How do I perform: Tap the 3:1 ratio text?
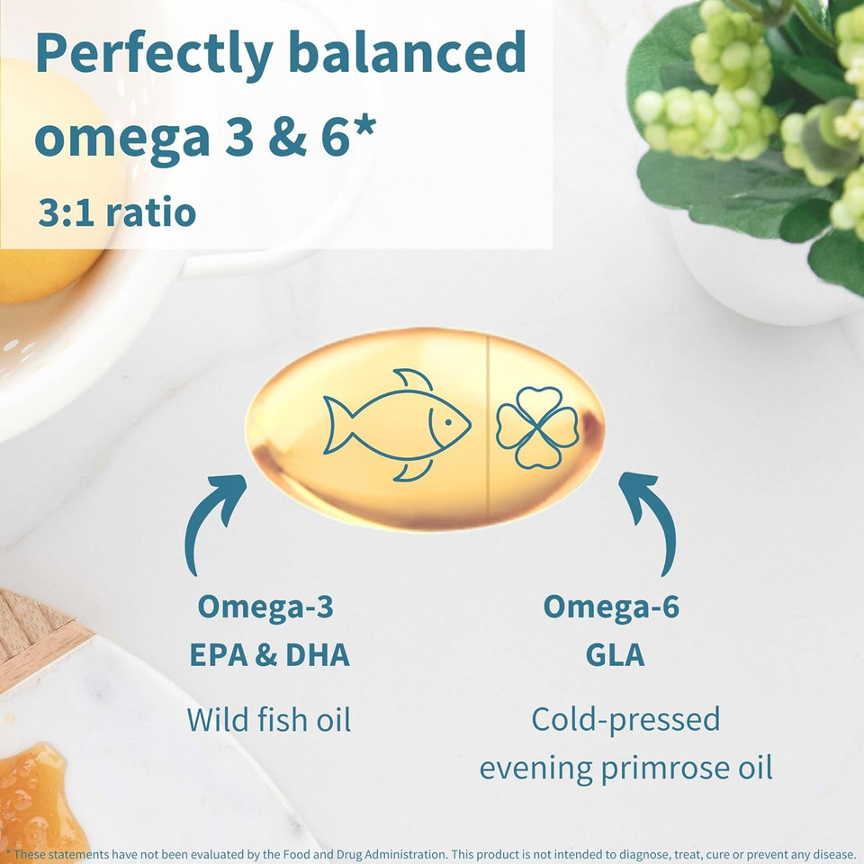point(117,213)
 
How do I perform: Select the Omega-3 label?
point(265,607)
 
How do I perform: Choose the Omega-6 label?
point(611,607)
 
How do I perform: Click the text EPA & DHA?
point(269,654)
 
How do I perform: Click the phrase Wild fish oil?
point(268,720)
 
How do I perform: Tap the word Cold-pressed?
point(625,719)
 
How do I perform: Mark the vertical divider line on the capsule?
point(487,427)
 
